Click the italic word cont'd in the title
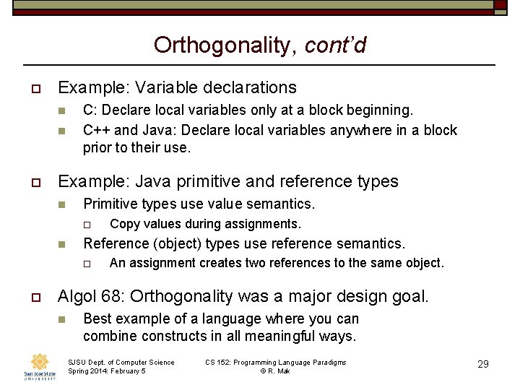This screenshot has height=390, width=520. [x=336, y=45]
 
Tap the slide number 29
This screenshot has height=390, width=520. [x=482, y=364]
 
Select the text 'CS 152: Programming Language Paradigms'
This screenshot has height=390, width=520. [x=276, y=362]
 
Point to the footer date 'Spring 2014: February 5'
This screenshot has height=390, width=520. [x=107, y=370]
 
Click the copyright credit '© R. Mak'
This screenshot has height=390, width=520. [x=275, y=370]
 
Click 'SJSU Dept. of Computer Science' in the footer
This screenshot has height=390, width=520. [x=121, y=362]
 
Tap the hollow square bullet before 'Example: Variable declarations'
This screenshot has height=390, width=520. [x=35, y=88]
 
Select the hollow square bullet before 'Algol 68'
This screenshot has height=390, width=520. [x=35, y=297]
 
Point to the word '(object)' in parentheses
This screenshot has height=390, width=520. [x=175, y=243]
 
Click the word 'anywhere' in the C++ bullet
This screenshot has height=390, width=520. [x=350, y=130]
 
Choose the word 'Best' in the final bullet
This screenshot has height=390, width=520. [x=97, y=318]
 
